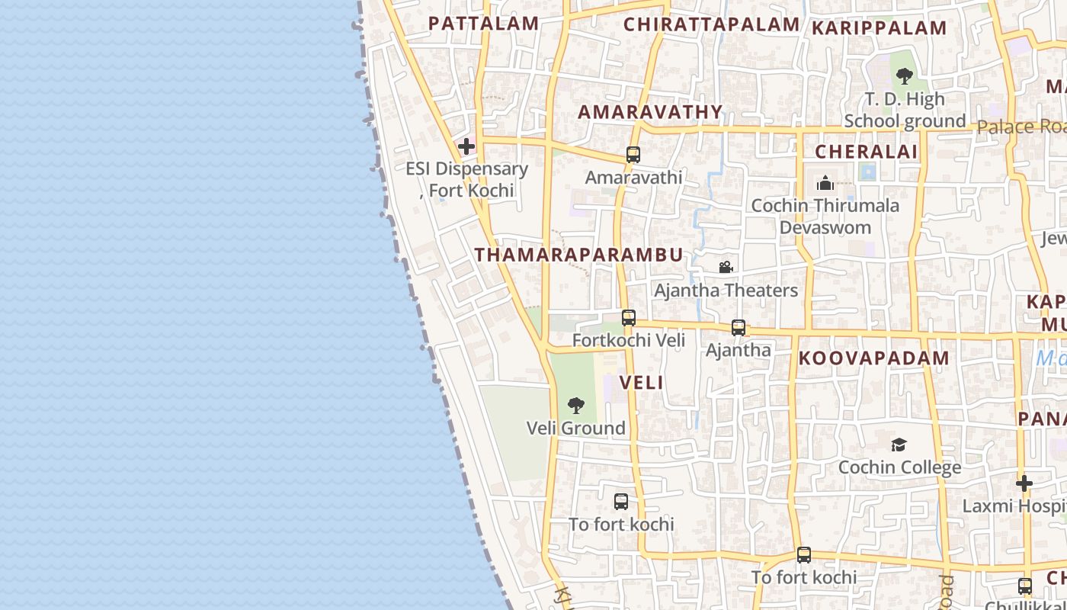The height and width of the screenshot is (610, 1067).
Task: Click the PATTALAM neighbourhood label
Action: [x=483, y=23]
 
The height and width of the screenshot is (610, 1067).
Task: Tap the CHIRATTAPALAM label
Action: [x=711, y=24]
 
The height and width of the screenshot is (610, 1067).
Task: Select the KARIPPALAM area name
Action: [x=879, y=28]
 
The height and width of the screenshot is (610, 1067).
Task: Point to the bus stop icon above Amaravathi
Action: [x=633, y=155]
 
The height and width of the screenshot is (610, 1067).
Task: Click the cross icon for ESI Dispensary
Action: [x=466, y=146]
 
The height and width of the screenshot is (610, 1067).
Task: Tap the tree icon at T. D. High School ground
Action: [x=905, y=76]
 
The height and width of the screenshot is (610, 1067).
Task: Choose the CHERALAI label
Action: [x=867, y=151]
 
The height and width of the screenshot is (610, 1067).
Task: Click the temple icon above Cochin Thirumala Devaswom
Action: [x=825, y=183]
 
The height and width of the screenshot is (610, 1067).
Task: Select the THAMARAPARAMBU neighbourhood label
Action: [x=579, y=255]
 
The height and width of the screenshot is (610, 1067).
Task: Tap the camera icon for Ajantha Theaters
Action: [x=726, y=267]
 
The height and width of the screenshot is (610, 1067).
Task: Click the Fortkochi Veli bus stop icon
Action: [x=628, y=318]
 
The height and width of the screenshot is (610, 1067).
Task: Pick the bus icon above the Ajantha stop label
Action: [x=738, y=328]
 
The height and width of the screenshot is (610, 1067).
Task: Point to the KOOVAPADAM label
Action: [x=873, y=358]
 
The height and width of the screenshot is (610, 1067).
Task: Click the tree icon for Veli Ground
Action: [x=576, y=405]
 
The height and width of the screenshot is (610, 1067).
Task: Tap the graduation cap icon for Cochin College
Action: [x=899, y=445]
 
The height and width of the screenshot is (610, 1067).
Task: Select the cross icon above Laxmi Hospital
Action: [x=1024, y=483]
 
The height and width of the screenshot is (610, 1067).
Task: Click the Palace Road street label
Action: [x=1021, y=127]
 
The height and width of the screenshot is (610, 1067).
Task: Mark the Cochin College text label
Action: [x=899, y=467]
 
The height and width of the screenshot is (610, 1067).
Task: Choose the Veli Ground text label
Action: [x=576, y=428]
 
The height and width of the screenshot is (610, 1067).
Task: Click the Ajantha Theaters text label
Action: [x=726, y=290]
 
